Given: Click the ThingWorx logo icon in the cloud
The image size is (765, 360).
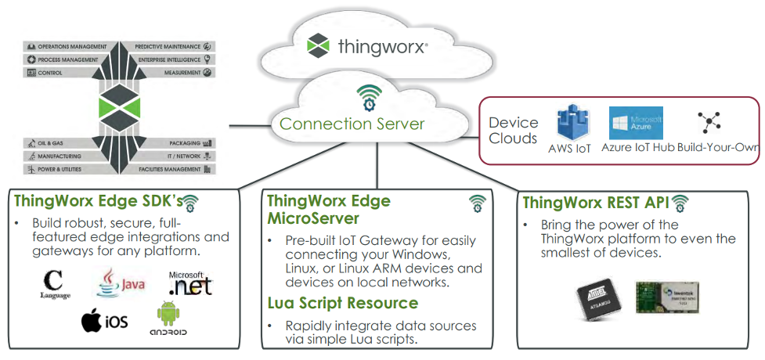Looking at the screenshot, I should (318, 46).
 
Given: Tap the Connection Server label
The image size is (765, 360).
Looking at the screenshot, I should (352, 124).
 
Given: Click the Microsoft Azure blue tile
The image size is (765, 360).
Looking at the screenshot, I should (636, 123).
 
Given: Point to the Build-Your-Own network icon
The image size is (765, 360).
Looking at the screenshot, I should (709, 122).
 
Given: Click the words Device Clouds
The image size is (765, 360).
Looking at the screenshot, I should (514, 131).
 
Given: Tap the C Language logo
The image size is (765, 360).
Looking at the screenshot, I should (54, 283).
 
